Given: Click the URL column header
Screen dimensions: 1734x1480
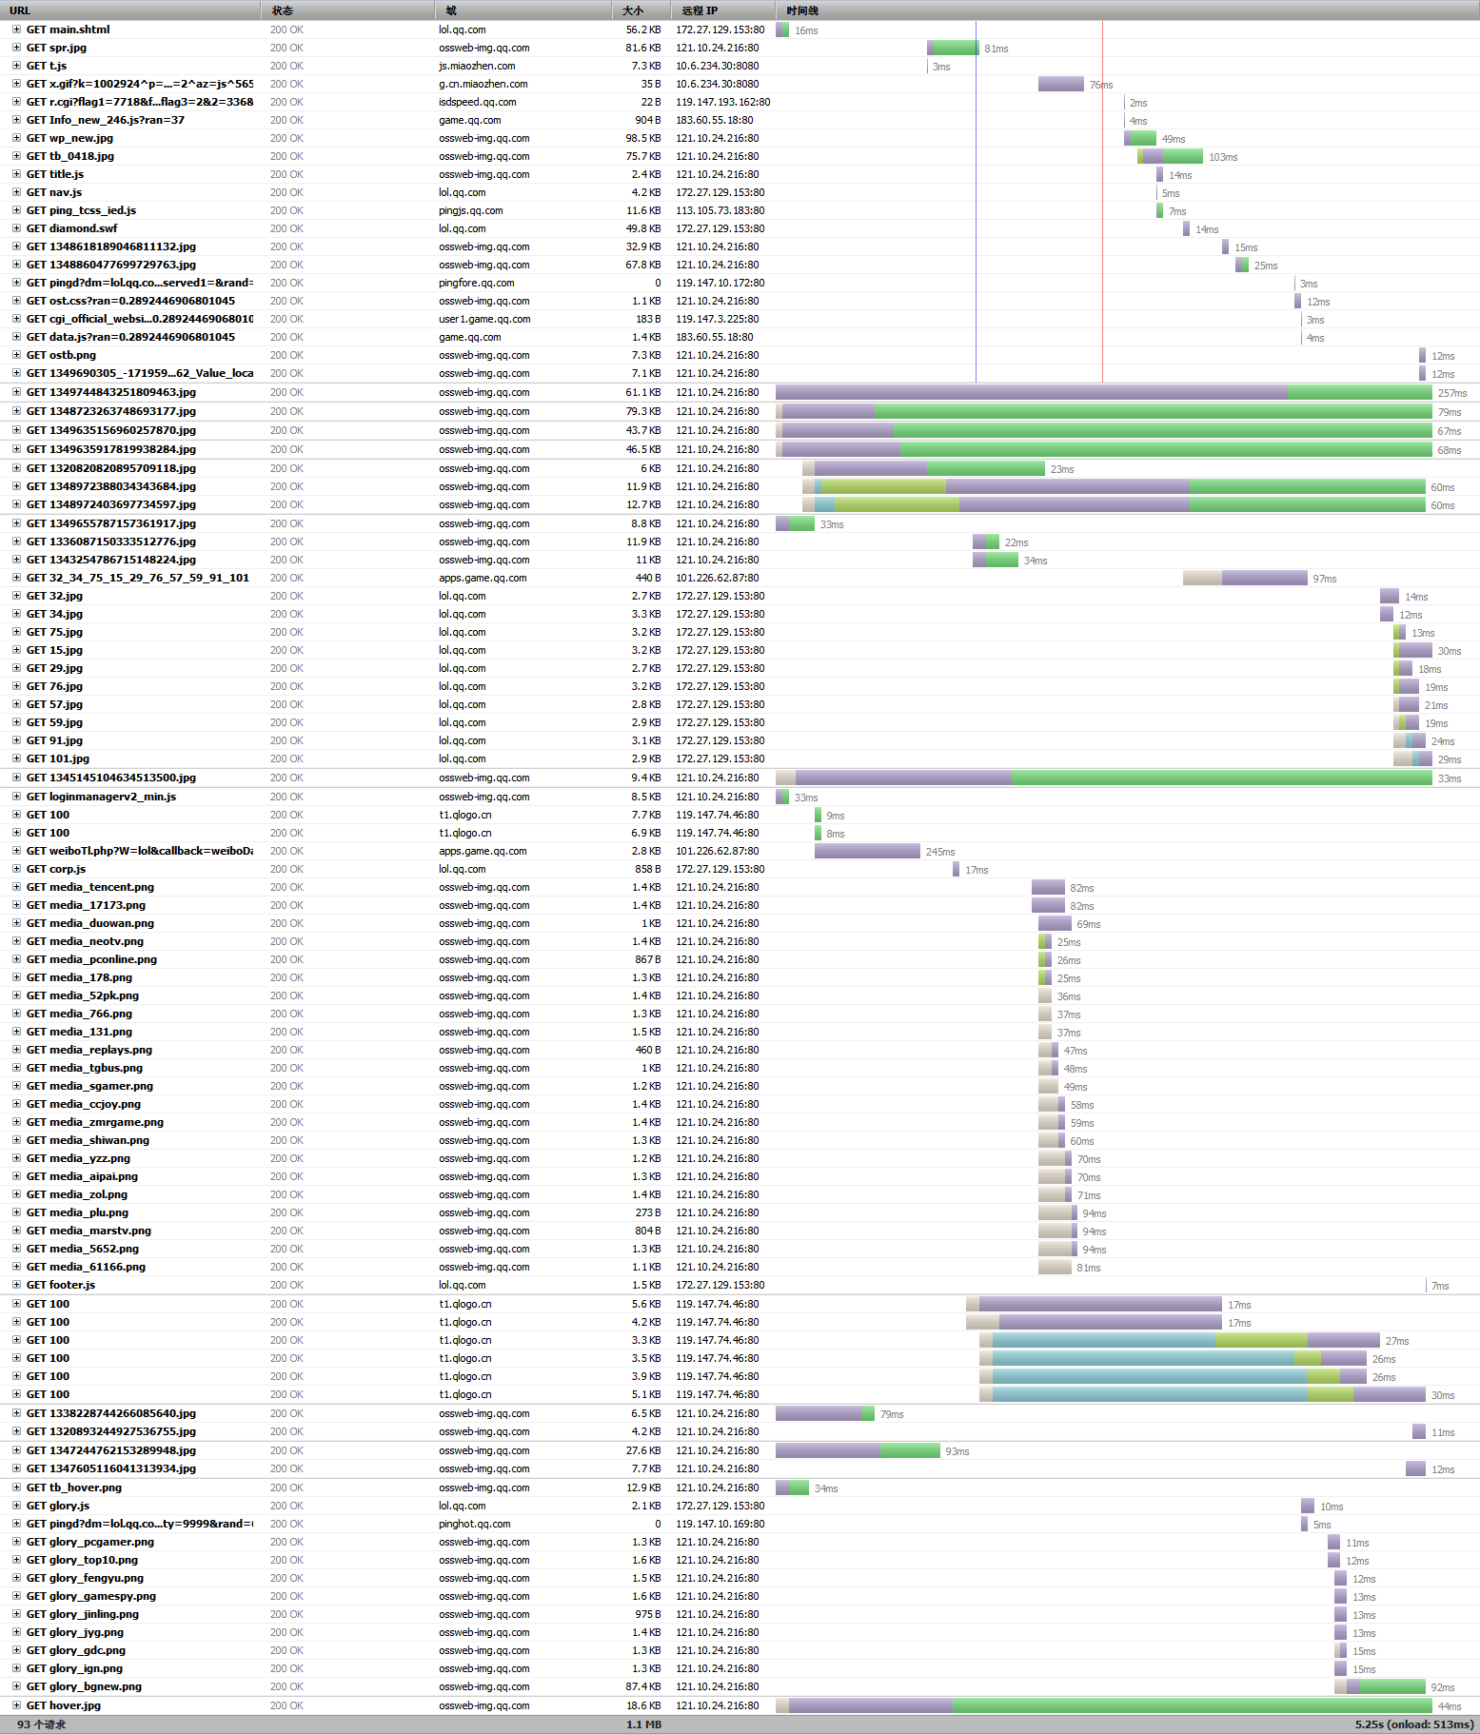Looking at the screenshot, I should (20, 10).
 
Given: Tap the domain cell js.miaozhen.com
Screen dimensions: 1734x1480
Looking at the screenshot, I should (477, 66).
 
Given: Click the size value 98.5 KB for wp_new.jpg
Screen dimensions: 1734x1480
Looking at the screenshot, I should (642, 138).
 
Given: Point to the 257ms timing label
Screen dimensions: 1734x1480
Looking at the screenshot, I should (1451, 393).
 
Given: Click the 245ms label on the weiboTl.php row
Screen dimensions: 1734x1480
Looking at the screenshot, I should (939, 852).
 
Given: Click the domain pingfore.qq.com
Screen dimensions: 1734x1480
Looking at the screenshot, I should (476, 283).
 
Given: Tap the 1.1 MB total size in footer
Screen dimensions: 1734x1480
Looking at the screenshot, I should (643, 1724).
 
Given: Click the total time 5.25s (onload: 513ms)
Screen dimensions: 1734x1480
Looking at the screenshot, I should (1414, 1724).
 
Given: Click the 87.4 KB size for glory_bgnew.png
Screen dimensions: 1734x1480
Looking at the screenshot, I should (642, 1686).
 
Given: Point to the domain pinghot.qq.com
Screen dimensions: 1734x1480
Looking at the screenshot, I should (474, 1524).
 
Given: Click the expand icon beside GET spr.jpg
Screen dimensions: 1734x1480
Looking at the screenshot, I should (16, 48).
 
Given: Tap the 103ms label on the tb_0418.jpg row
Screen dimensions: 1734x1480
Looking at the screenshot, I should (1223, 157).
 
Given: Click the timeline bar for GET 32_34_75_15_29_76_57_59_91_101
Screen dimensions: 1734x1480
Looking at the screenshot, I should (1244, 578).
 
